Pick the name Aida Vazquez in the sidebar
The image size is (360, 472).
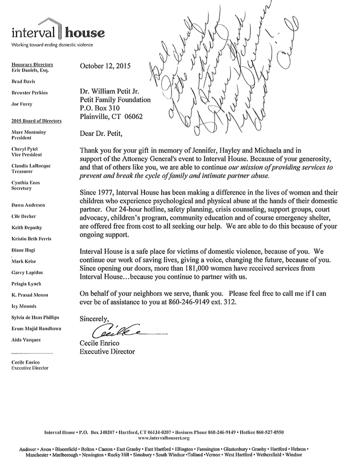[26, 340]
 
